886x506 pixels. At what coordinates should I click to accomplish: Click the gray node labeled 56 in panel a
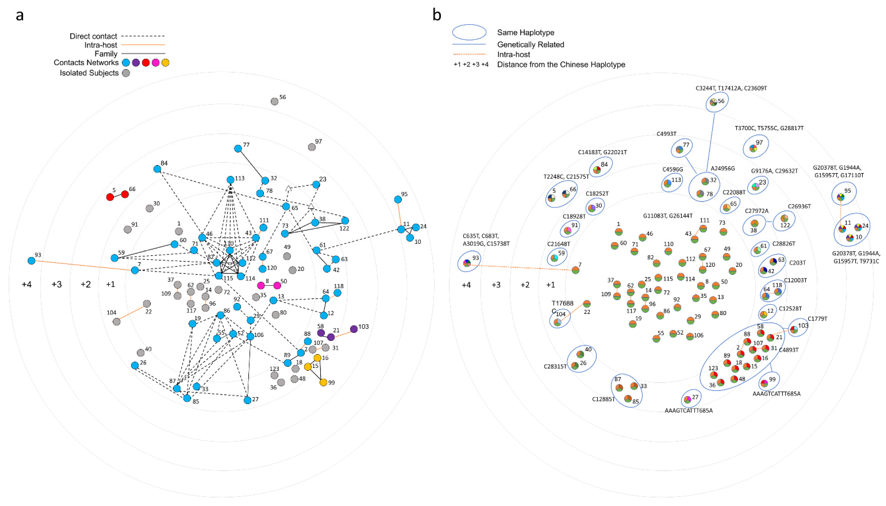[274, 101]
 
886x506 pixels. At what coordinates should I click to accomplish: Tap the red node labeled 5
[110, 197]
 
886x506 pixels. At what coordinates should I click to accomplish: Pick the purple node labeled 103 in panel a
[354, 329]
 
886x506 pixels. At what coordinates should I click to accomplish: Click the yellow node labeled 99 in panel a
[323, 382]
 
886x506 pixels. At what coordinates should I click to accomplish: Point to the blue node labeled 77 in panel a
[238, 149]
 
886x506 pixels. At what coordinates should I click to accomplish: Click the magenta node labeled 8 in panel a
[261, 286]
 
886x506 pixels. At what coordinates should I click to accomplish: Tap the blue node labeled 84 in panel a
[157, 169]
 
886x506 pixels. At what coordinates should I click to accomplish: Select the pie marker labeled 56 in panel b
[713, 102]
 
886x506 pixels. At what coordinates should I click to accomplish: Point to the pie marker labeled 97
[753, 148]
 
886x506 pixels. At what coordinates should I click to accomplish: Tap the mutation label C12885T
[603, 399]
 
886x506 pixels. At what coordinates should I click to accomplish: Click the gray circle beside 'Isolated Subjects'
[126, 73]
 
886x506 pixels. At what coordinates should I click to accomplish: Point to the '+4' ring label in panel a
[27, 285]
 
